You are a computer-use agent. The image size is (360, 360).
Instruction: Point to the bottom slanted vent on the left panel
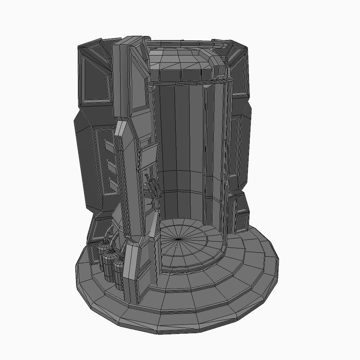(113, 186)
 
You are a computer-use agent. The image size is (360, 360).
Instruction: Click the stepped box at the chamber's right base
(240, 212)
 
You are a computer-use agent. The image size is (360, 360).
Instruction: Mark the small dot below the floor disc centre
(176, 247)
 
